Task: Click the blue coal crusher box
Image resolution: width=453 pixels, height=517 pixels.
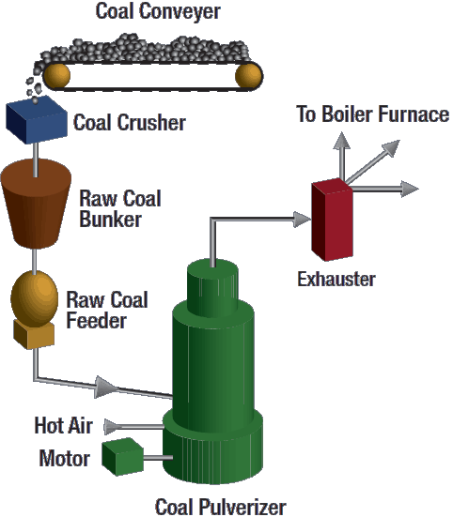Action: click(37, 120)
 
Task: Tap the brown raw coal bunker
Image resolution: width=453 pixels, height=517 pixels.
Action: click(36, 203)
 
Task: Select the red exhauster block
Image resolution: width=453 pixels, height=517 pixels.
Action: click(332, 220)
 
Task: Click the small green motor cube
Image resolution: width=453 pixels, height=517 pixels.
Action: click(122, 457)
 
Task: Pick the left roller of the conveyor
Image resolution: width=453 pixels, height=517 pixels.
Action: click(56, 75)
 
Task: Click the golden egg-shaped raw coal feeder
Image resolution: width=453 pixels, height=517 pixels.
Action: click(35, 298)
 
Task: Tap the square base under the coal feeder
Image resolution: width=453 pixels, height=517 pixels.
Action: click(34, 335)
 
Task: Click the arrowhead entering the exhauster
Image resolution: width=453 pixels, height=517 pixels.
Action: click(302, 220)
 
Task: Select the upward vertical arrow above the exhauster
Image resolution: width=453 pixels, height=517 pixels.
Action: click(341, 156)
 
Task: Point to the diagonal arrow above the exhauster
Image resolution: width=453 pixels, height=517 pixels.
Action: click(372, 160)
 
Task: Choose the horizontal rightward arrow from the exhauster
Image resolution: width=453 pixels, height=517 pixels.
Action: click(385, 189)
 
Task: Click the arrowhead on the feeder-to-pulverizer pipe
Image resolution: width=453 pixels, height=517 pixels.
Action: click(106, 387)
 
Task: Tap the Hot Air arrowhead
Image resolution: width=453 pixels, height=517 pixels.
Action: click(112, 427)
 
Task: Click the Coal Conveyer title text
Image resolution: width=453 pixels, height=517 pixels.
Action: click(158, 11)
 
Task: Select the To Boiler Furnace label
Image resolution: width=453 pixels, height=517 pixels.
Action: click(372, 114)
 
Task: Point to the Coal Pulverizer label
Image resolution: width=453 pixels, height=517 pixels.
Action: click(220, 507)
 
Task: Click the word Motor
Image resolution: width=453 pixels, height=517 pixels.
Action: click(65, 458)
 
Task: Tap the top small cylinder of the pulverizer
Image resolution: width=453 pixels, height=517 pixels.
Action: click(212, 287)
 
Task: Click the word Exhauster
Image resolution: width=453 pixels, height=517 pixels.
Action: click(336, 280)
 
